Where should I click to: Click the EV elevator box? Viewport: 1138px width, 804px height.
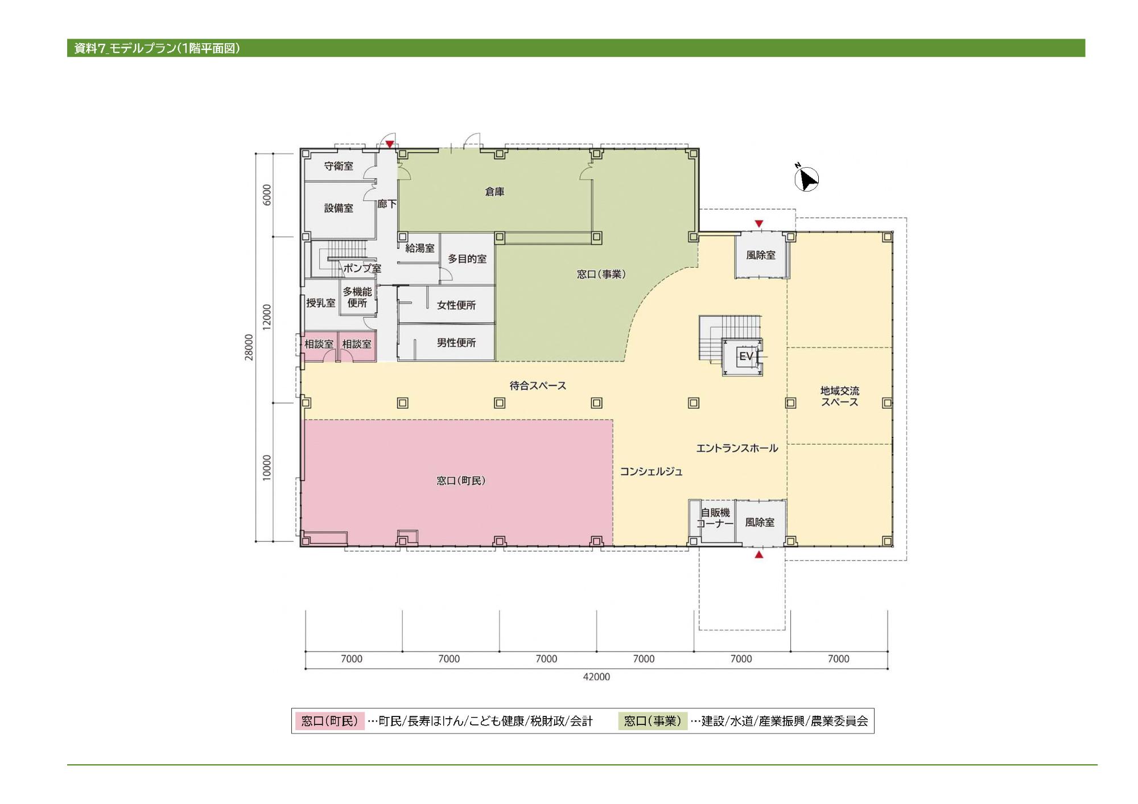pyautogui.click(x=742, y=357)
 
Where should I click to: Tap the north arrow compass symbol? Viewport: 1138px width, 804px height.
pyautogui.click(x=806, y=178)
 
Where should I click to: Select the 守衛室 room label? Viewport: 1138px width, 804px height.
pyautogui.click(x=339, y=166)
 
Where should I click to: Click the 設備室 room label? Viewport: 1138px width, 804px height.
pyautogui.click(x=339, y=208)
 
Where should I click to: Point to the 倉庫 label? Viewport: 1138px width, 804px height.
pyautogui.click(x=494, y=192)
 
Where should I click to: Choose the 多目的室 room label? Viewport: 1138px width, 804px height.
pyautogui.click(x=467, y=259)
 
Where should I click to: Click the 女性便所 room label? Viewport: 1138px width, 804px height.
pyautogui.click(x=456, y=305)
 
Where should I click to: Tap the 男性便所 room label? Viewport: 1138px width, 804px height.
pyautogui.click(x=456, y=342)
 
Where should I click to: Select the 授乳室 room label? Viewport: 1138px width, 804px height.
pyautogui.click(x=321, y=302)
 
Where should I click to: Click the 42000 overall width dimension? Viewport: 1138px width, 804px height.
pyautogui.click(x=596, y=677)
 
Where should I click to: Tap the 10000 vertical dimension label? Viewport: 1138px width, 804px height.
pyautogui.click(x=267, y=468)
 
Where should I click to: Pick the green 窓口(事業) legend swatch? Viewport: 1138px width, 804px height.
pyautogui.click(x=653, y=721)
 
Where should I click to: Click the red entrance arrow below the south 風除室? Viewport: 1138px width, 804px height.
pyautogui.click(x=758, y=554)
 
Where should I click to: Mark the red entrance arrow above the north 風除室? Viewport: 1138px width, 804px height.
pyautogui.click(x=758, y=223)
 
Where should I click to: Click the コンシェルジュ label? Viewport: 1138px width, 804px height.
pyautogui.click(x=651, y=471)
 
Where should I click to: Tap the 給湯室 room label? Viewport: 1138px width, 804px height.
pyautogui.click(x=420, y=248)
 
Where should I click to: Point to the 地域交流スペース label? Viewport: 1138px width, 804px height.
pyautogui.click(x=840, y=396)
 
